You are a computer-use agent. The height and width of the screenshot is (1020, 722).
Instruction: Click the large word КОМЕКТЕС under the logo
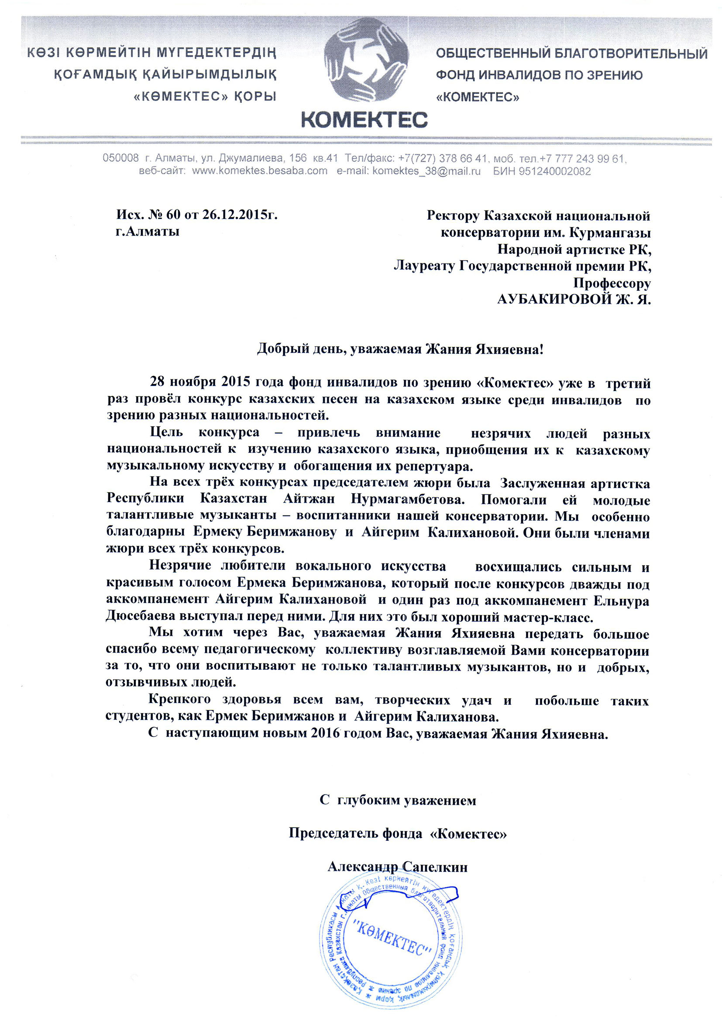pyautogui.click(x=364, y=119)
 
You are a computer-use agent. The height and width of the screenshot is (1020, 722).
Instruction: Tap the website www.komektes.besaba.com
pyautogui.click(x=260, y=171)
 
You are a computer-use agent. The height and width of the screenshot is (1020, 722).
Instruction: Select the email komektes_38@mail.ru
pyautogui.click(x=426, y=171)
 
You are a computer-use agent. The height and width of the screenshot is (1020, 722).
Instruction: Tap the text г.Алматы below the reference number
pyautogui.click(x=148, y=232)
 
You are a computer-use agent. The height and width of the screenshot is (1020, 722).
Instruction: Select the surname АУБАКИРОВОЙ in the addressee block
pyautogui.click(x=554, y=300)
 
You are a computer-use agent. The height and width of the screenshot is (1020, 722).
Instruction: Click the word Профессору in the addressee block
pyautogui.click(x=612, y=283)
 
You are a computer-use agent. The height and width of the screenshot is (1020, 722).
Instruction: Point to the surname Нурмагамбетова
pyautogui.click(x=408, y=499)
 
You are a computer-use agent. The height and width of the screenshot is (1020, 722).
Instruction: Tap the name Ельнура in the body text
pyautogui.click(x=621, y=600)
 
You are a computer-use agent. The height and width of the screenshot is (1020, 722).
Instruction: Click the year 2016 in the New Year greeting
pyautogui.click(x=326, y=733)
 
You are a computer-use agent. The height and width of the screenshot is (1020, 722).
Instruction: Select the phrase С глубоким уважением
pyautogui.click(x=398, y=801)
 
